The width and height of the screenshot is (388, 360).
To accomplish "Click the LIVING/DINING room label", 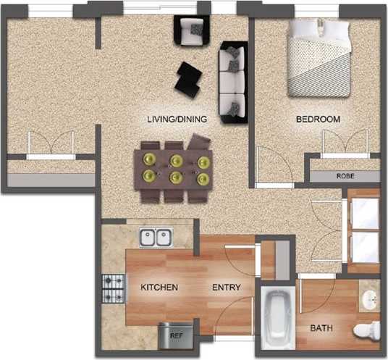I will point(177,119).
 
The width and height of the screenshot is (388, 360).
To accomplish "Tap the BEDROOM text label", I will point(318,119).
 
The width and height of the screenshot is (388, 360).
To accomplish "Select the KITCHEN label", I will point(159,288).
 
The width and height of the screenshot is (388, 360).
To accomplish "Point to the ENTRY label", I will point(226,288).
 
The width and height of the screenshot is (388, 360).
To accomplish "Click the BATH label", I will point(321,328).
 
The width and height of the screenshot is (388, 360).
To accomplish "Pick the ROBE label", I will point(345,176).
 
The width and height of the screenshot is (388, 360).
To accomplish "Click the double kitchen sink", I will point(155,237).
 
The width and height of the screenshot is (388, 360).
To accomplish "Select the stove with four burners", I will point(114,288).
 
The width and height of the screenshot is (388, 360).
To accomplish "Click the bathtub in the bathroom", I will point(276,319).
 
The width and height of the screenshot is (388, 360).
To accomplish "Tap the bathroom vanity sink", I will point(369,298).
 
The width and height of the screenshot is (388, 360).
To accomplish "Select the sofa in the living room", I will point(234,82).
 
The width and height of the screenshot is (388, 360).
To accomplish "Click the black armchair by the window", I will point(192,31).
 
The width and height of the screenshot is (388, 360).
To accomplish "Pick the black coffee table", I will point(190,79).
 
